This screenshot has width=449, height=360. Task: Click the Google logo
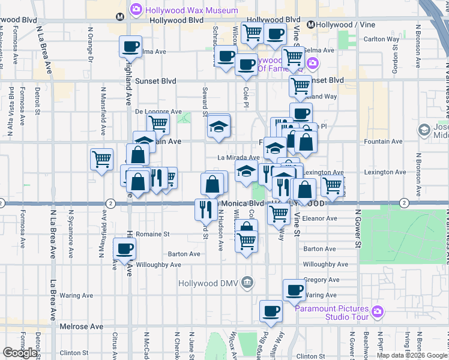click(20, 353)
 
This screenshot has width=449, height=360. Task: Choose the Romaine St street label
click(153, 234)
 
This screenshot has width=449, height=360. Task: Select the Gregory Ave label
click(322, 280)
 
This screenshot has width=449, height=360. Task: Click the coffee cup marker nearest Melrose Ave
click(271, 311)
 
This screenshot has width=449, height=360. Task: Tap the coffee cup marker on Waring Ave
click(294, 290)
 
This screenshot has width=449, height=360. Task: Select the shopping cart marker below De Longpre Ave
click(158, 123)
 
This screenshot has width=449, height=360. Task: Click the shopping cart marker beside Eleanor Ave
click(279, 212)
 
